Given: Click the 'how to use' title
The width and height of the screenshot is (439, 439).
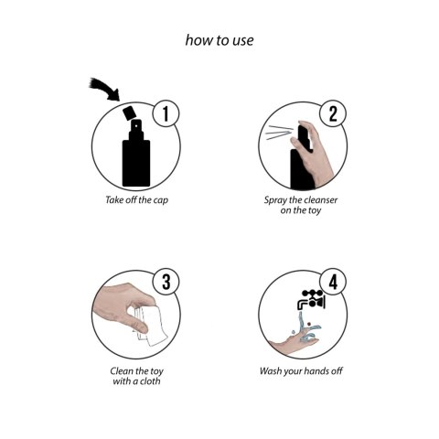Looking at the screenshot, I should click(219, 40).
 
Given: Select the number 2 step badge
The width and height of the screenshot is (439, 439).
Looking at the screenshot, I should click(333, 114).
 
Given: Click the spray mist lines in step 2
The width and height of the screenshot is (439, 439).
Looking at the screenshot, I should click(278, 135).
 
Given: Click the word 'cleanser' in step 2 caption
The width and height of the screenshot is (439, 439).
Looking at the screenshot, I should click(320, 198).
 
